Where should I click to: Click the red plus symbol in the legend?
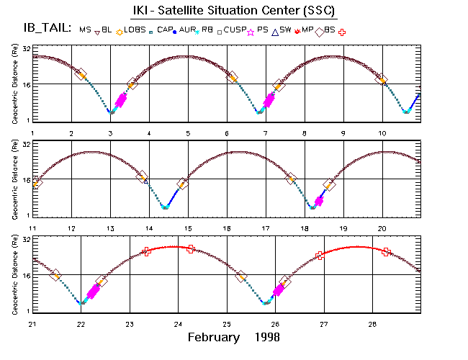pyautogui.click(x=341, y=31)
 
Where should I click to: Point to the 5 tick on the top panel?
pyautogui.click(x=188, y=133)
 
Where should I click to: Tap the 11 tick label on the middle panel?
pyautogui.click(x=32, y=228)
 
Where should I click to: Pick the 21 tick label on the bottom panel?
pyautogui.click(x=32, y=323)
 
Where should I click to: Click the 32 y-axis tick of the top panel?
pyautogui.click(x=25, y=48)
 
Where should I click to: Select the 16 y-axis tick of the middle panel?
pyautogui.click(x=25, y=180)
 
